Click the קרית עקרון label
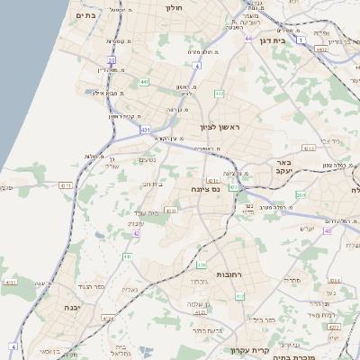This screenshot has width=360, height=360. [251, 350]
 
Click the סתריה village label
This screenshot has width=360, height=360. [292, 281]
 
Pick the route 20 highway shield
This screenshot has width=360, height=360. [112, 60]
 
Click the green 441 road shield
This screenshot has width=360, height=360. [144, 82]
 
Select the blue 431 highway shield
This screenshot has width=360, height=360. [146, 130]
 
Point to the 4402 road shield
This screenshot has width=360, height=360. [321, 50]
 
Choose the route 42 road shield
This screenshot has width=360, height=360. [137, 232]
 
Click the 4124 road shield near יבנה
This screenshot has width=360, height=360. [108, 318]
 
